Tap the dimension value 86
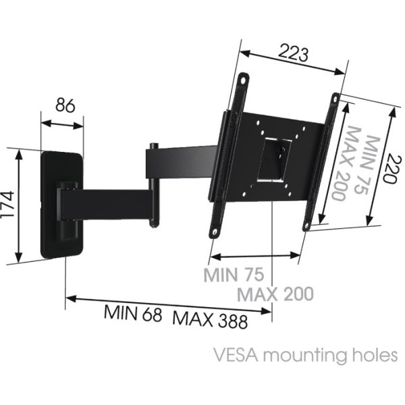(x=65, y=106)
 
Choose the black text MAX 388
(x=210, y=318)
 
